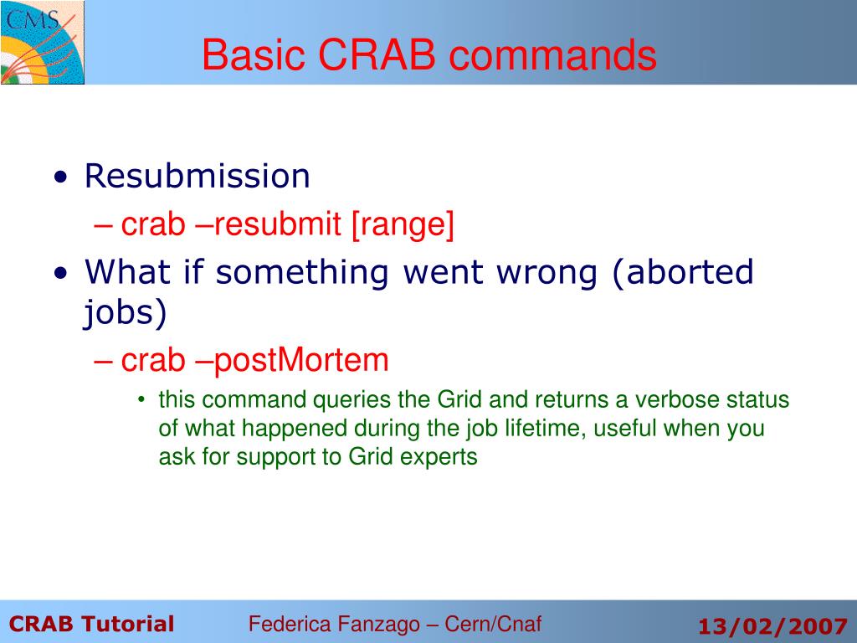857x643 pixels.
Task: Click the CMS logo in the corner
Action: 42,42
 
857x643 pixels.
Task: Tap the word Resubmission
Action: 198,177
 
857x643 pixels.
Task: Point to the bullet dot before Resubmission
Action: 60,179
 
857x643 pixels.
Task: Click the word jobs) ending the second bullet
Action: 126,313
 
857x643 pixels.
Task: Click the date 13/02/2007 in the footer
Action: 772,625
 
